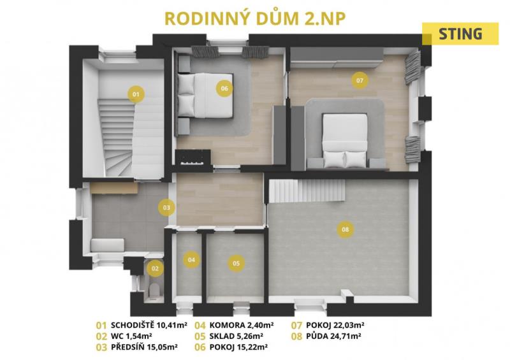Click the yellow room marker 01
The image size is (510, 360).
click(136, 94)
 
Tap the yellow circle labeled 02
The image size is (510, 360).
click(155, 268)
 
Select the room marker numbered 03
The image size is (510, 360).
click(166, 208)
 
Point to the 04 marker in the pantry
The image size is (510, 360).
click(191, 259)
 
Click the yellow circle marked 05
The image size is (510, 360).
click(236, 263)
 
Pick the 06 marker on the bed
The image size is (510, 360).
click(224, 88)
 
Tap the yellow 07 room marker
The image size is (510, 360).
click(360, 80)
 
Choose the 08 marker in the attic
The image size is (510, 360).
click(346, 229)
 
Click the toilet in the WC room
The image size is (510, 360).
click(154, 290)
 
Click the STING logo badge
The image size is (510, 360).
click(460, 34)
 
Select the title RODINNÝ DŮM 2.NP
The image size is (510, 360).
click(255, 18)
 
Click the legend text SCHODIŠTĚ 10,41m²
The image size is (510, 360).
click(149, 325)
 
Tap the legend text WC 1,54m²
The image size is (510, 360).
click(132, 336)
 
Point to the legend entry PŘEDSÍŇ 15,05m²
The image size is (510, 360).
click(144, 347)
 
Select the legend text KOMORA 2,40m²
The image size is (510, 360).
click(242, 325)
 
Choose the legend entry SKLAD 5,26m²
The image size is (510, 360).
click(237, 336)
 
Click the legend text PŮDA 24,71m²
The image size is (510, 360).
click(333, 336)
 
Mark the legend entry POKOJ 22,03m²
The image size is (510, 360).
click(335, 325)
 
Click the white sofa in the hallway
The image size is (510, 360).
click(108, 245)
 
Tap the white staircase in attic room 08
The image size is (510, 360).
click(307, 191)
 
